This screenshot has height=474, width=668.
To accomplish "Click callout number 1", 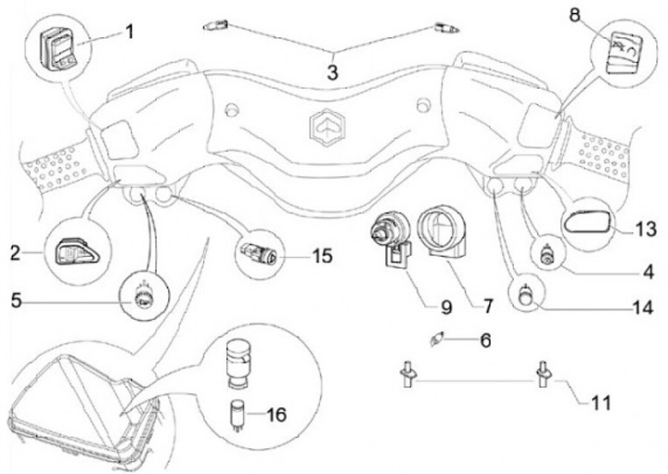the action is pyautogui.click(x=129, y=32).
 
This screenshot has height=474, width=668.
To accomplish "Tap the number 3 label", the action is pyautogui.click(x=332, y=72).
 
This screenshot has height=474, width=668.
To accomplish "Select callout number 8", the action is pyautogui.click(x=574, y=16).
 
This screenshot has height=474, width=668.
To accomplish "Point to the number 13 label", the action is pyautogui.click(x=646, y=229).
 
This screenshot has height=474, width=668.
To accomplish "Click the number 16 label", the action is pyautogui.click(x=276, y=415).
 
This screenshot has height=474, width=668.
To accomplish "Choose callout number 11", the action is pyautogui.click(x=600, y=403).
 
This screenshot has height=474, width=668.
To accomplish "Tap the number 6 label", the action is pyautogui.click(x=485, y=340).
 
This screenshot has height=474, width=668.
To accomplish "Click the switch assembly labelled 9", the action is pyautogui.click(x=391, y=239).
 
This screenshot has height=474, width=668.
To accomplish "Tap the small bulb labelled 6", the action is pyautogui.click(x=437, y=339).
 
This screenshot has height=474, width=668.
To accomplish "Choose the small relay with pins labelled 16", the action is pyautogui.click(x=237, y=415).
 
